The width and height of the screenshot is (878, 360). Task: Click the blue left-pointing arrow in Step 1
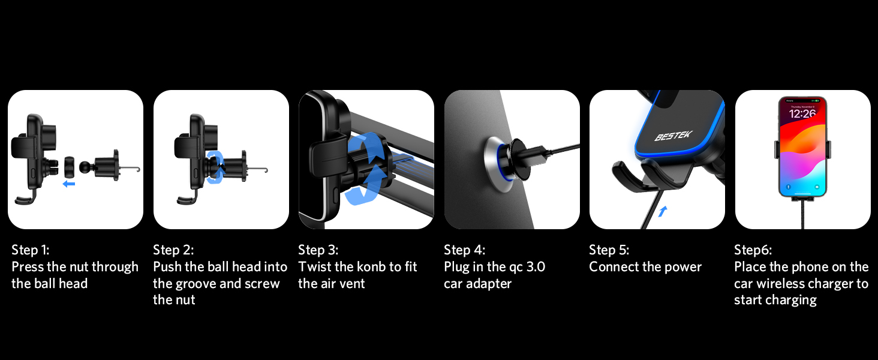tap(68, 184)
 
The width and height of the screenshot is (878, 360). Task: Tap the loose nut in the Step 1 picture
tap(70, 167)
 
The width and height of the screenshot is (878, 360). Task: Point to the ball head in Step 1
tap(85, 167)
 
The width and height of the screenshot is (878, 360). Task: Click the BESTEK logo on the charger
tap(673, 136)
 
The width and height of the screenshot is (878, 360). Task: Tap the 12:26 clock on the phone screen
tap(802, 114)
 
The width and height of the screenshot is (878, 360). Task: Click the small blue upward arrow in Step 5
tap(663, 211)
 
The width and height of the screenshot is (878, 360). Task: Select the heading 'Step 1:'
tap(30, 250)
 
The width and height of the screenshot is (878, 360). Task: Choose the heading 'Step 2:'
tap(173, 250)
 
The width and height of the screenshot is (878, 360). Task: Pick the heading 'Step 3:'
tap(318, 250)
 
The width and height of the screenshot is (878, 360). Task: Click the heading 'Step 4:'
tap(464, 250)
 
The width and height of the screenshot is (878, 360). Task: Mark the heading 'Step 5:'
tap(609, 250)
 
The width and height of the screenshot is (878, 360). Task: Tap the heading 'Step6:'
tap(753, 250)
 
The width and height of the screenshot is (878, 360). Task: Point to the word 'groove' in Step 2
tap(194, 284)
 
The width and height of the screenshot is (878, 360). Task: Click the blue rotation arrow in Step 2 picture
tap(215, 167)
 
